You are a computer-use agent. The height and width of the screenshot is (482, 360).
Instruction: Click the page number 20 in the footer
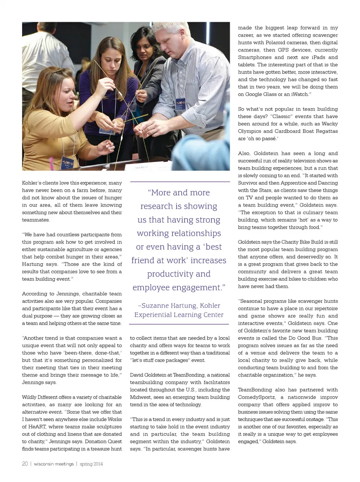[x=25, y=464]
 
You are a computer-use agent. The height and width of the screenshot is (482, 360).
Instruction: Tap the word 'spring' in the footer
[x=86, y=464]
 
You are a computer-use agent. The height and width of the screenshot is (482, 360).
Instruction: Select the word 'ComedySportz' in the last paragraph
[x=256, y=397]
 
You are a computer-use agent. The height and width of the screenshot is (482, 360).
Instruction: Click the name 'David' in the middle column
[x=138, y=375]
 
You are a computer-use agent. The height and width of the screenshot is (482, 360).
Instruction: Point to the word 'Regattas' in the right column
[x=327, y=131]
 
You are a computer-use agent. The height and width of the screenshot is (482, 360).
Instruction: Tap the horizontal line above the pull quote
[x=179, y=182]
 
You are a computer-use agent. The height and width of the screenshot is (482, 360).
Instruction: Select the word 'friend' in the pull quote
[x=145, y=261]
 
